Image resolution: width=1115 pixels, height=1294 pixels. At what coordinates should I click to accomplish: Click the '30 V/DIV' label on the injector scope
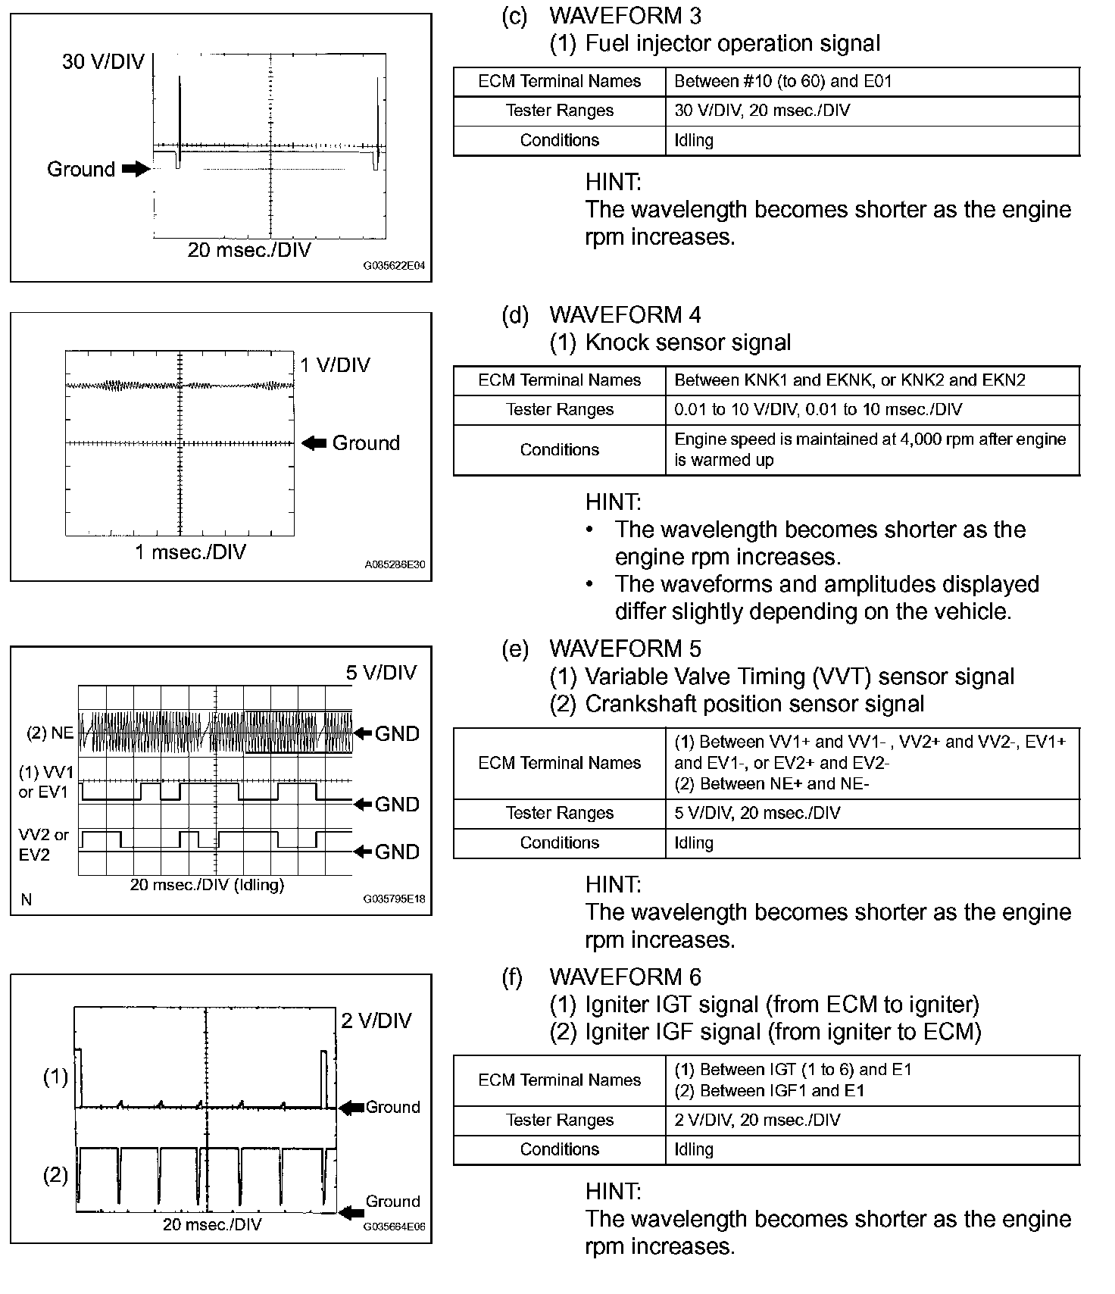103,62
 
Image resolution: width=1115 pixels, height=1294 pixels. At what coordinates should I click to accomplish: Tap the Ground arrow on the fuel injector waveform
136,169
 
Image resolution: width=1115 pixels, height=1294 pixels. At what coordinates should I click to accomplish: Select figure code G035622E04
394,267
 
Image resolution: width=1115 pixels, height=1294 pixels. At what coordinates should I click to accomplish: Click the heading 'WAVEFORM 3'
625,15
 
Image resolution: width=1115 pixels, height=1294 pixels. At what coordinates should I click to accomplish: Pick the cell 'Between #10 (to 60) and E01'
783,81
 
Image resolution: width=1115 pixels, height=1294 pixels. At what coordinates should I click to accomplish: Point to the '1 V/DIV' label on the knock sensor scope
335,365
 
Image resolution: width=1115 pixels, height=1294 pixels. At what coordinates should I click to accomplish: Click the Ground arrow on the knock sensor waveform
314,443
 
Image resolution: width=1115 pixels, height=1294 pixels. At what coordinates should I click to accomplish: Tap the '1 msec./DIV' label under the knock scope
190,552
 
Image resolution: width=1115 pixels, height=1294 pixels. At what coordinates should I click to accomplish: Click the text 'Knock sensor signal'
688,342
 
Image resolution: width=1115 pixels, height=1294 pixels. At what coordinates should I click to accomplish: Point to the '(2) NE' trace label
50,733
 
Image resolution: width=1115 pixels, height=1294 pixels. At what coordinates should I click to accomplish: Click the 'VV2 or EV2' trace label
44,845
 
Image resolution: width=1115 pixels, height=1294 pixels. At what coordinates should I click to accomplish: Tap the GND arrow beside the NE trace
364,733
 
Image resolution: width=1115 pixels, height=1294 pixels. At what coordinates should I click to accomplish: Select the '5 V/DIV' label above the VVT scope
381,673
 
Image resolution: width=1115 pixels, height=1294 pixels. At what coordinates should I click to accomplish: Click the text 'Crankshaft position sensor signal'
754,704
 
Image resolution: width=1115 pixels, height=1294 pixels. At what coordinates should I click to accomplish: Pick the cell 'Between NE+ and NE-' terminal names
771,783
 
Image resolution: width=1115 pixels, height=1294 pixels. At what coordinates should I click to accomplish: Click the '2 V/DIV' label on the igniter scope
376,1021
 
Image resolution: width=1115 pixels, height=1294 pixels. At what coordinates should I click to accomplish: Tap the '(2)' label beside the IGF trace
55,1175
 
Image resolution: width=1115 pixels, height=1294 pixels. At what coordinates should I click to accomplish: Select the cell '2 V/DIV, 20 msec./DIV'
757,1120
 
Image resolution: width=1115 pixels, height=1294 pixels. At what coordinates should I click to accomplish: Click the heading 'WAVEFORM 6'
625,977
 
